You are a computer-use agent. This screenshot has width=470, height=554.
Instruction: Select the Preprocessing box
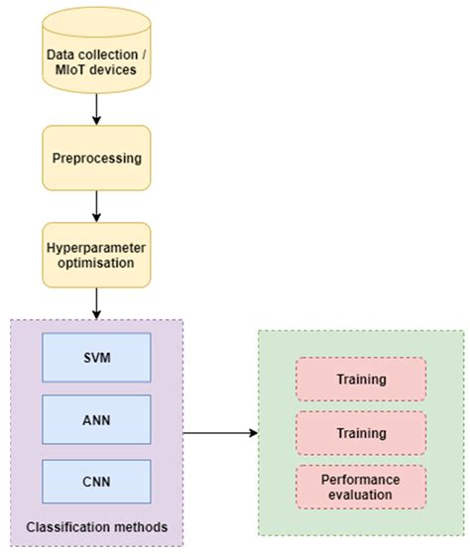[x=96, y=158]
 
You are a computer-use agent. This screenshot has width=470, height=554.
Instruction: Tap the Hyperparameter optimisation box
[x=96, y=255]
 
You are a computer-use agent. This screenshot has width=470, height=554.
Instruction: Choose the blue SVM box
[x=95, y=356]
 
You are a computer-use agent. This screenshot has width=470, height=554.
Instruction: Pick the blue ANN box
[x=95, y=418]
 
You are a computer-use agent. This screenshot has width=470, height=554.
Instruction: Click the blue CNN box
[x=95, y=481]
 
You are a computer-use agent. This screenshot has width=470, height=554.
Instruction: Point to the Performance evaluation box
[x=361, y=486]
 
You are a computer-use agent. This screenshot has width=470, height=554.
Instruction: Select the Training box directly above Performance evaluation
[x=361, y=432]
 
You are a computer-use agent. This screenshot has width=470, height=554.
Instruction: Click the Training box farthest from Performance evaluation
[x=361, y=379]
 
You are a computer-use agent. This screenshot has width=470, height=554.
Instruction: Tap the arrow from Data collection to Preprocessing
[x=96, y=109]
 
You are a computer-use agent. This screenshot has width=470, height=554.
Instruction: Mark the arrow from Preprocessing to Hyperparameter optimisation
[x=96, y=206]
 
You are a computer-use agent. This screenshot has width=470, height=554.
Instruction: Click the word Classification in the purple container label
[x=64, y=525]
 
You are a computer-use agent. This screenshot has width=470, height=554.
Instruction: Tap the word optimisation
[x=96, y=264]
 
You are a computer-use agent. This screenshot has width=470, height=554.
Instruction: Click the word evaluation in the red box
[x=361, y=495]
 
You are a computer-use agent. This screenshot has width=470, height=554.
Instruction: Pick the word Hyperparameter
[x=96, y=247]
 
